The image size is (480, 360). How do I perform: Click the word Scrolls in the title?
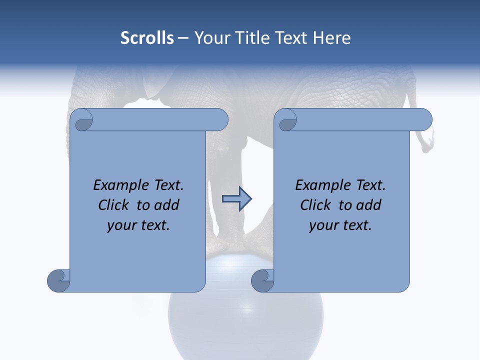click(147, 38)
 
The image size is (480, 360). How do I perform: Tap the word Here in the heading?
click(331, 38)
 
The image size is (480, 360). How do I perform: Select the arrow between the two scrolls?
click(236, 199)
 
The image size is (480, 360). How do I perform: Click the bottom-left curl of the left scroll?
click(58, 280)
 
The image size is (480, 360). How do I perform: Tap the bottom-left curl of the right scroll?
click(262, 280)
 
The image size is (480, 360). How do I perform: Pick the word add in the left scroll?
click(166, 205)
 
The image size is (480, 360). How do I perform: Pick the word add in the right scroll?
click(368, 205)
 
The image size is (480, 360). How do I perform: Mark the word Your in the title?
click(210, 38)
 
